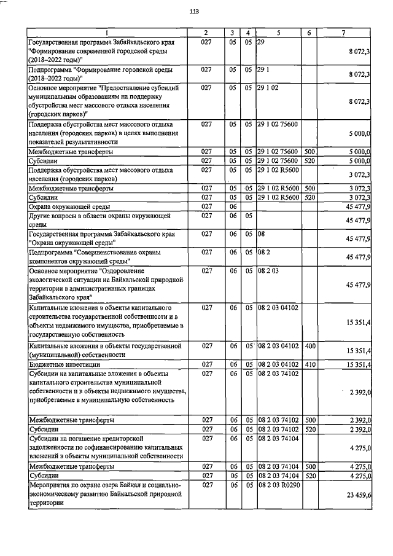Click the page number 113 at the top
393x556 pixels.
coord(195,12)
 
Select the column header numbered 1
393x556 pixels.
coord(106,33)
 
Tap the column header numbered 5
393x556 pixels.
coord(278,33)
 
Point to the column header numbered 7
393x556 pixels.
coord(346,33)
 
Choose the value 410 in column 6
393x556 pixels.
coord(309,364)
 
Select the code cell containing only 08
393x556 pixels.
coord(261,234)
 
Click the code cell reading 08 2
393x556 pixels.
coord(264,253)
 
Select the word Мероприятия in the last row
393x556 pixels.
coord(51,485)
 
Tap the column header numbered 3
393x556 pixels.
coord(233,33)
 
